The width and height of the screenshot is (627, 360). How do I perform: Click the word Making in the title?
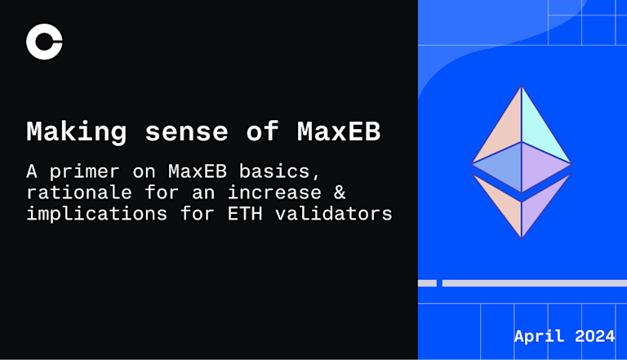coord(77,132)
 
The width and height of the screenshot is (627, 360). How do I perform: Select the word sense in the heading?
coord(186,132)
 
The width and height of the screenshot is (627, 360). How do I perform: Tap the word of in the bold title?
coord(262,131)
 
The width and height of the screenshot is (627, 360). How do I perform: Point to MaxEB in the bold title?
coord(339,131)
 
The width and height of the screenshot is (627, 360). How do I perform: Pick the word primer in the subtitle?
coord(84,172)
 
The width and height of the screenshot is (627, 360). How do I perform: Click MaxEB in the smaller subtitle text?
coord(198,171)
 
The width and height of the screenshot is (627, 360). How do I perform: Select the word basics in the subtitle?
coord(280,172)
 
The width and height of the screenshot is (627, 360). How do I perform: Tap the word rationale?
coord(79,193)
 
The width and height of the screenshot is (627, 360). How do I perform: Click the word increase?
coord(274,193)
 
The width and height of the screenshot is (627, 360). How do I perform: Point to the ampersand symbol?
coord(340,193)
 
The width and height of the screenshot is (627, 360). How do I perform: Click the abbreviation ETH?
coord(245,214)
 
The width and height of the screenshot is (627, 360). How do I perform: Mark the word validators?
coord(333,214)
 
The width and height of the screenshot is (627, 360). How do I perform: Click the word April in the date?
coord(539,336)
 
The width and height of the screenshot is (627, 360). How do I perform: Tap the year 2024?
coord(594,336)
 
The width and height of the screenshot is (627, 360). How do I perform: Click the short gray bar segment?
coord(427,283)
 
